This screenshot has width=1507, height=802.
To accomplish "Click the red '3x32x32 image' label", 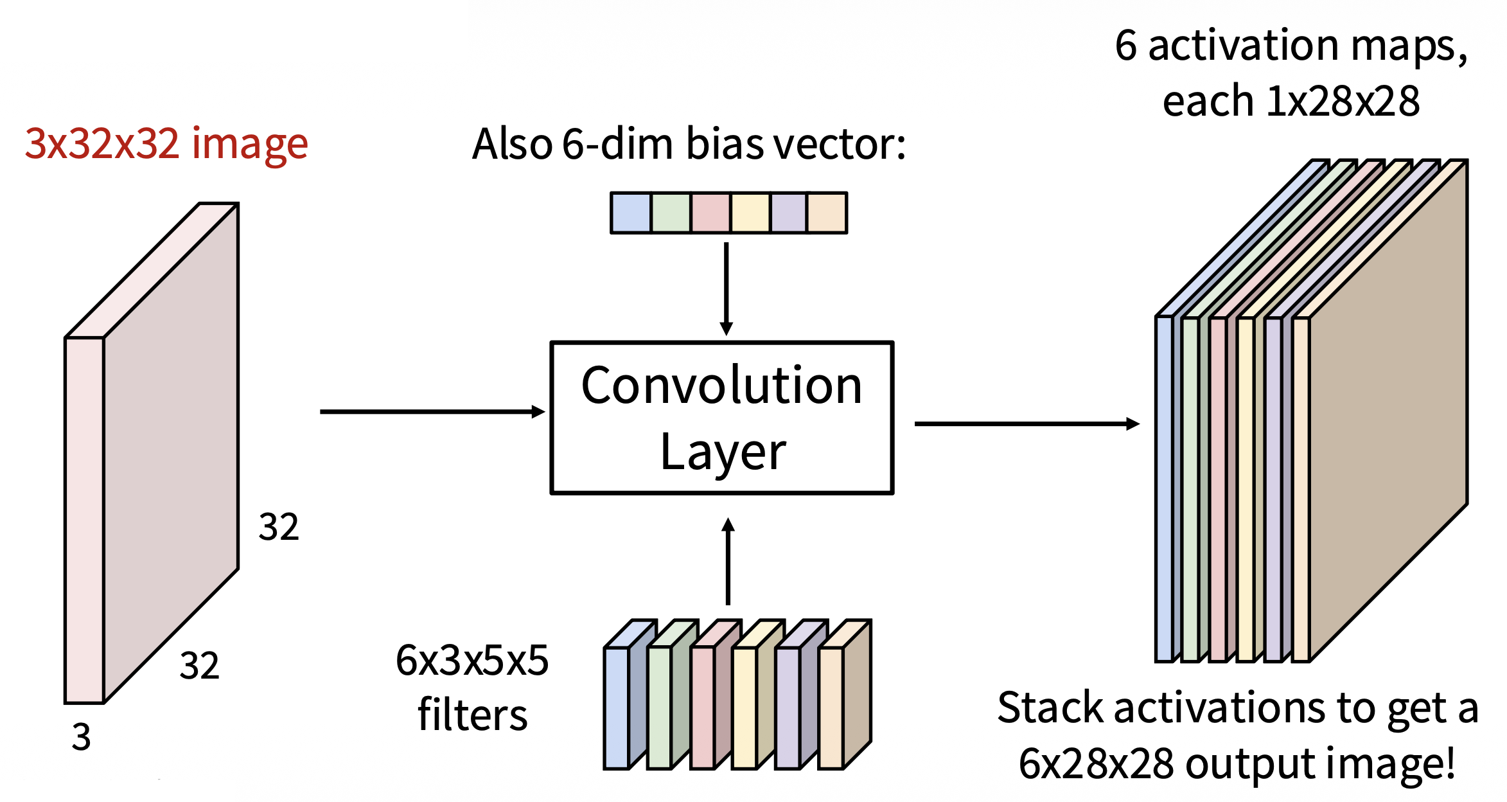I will [x=166, y=143].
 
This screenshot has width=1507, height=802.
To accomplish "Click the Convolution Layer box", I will [x=722, y=418].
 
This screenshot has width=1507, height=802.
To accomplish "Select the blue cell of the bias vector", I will [x=631, y=213].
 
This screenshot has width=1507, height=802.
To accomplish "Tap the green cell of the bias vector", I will [x=671, y=213].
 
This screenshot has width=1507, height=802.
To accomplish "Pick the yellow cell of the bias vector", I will [x=750, y=213].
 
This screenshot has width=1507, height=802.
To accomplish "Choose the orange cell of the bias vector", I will [x=827, y=213].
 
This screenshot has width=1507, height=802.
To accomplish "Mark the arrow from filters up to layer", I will [x=728, y=562].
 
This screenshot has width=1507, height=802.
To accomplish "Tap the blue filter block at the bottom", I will [x=617, y=707].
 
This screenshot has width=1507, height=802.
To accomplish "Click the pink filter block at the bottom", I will [x=702, y=707].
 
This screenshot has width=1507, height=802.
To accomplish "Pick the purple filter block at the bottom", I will [x=788, y=707].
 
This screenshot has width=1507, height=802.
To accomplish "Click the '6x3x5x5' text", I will [x=472, y=660].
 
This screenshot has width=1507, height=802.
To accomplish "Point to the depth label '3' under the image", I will [x=81, y=736].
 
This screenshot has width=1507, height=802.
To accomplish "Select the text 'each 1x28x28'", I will [x=1291, y=102].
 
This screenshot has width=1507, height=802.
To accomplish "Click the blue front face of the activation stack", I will [x=1164, y=488].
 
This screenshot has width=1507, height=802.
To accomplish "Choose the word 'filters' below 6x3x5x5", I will [x=472, y=715].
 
